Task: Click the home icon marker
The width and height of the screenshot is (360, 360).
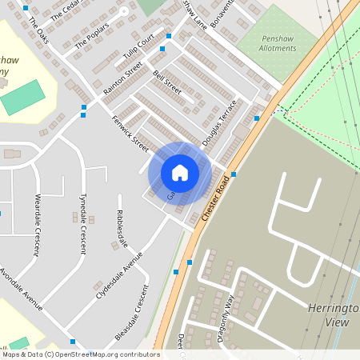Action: (x=180, y=173)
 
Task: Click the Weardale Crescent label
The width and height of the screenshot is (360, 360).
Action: (x=36, y=225)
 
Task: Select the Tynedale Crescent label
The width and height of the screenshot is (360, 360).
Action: (x=82, y=223)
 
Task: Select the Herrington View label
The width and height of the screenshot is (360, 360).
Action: (x=333, y=314)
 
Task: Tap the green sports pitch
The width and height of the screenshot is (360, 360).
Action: (x=23, y=97)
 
